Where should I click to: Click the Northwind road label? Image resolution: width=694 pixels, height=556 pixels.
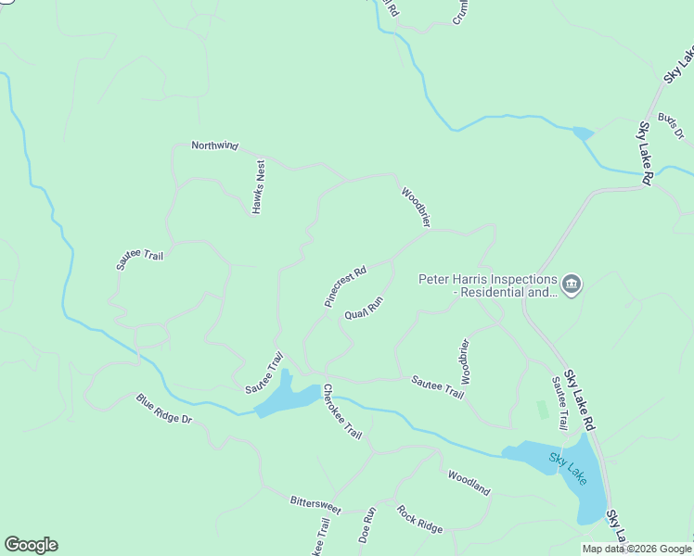214,145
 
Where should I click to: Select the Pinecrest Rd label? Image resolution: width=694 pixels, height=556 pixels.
345,286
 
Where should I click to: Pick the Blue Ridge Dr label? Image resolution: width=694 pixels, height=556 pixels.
163,409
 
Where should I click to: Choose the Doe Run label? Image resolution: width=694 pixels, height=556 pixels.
367,524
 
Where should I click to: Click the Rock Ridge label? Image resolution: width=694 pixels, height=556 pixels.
419,519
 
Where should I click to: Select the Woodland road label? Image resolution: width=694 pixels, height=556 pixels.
469,483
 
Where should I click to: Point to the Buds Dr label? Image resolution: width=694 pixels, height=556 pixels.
670,126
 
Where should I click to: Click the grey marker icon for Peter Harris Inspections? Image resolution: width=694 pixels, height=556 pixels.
571,284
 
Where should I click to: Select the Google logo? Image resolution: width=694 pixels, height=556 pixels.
31,545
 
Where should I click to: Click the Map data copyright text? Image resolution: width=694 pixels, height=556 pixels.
636,549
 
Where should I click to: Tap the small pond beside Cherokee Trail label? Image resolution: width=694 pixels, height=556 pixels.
287,397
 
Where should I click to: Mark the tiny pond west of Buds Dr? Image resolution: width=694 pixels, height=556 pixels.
583,133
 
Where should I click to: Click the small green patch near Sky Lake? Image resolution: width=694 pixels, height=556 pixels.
541,409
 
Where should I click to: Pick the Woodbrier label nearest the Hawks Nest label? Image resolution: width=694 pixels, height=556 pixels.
416,208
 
